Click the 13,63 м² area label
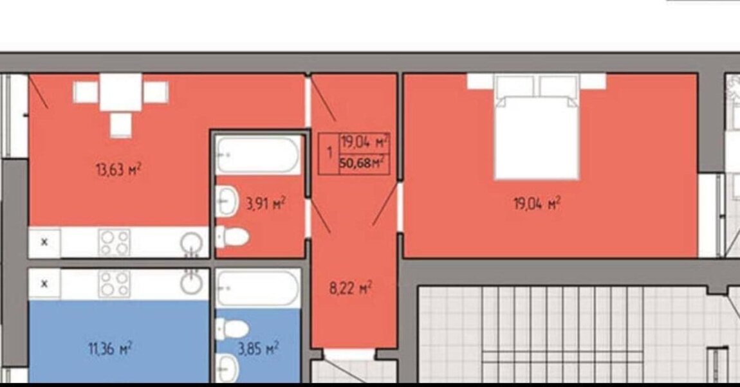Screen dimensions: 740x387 coord(118,169)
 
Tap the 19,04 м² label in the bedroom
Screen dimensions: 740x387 coord(537,204)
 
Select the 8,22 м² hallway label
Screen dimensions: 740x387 coord(351,287)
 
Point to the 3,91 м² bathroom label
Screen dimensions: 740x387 coord(266,204)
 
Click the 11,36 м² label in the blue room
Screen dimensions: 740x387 coord(110,349)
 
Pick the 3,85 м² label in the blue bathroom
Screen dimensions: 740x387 coord(257,349)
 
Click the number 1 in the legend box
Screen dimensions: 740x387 coord(329,153)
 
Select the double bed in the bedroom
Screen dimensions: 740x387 coord(537,127)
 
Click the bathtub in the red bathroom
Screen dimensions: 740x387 coord(257,155)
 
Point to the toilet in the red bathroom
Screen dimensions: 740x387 coord(232,237)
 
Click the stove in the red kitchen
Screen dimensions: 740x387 coord(114,242)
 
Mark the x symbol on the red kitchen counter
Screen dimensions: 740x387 coord(44,242)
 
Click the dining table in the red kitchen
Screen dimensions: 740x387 coord(121,92)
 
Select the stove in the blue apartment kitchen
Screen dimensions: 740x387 coord(114,283)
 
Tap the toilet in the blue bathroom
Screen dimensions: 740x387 coord(232,328)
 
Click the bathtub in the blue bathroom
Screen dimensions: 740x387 coord(257,289)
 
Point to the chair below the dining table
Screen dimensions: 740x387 coord(121,125)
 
